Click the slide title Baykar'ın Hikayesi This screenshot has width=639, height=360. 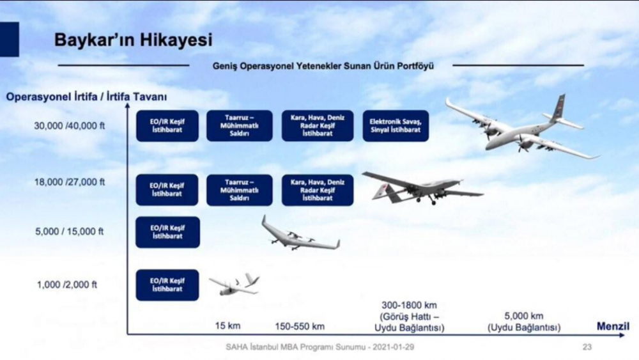click(x=134, y=40)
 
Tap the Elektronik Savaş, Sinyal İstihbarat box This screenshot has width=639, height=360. click(x=396, y=126)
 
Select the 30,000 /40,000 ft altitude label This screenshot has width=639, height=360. click(x=69, y=126)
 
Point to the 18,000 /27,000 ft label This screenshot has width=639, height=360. click(x=69, y=182)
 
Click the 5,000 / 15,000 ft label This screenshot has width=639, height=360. click(x=69, y=231)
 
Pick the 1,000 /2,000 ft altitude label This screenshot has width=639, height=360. click(x=67, y=285)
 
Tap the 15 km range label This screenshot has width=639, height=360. click(x=228, y=325)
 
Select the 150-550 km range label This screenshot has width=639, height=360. click(x=300, y=326)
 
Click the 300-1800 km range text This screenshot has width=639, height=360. click(x=409, y=305)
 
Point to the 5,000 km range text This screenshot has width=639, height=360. click(x=524, y=316)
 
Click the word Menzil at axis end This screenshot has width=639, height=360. click(x=613, y=326)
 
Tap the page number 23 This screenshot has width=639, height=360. click(x=587, y=347)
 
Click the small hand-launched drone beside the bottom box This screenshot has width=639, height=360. click(x=235, y=284)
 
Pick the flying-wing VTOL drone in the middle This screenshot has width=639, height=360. click(x=301, y=235)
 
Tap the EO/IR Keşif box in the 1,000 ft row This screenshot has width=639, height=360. click(x=167, y=285)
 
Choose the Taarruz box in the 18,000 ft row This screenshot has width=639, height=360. click(x=239, y=190)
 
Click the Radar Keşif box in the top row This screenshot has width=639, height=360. click(x=318, y=125)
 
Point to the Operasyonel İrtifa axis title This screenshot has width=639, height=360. click(x=86, y=97)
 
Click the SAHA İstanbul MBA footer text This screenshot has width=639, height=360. click(x=320, y=347)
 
